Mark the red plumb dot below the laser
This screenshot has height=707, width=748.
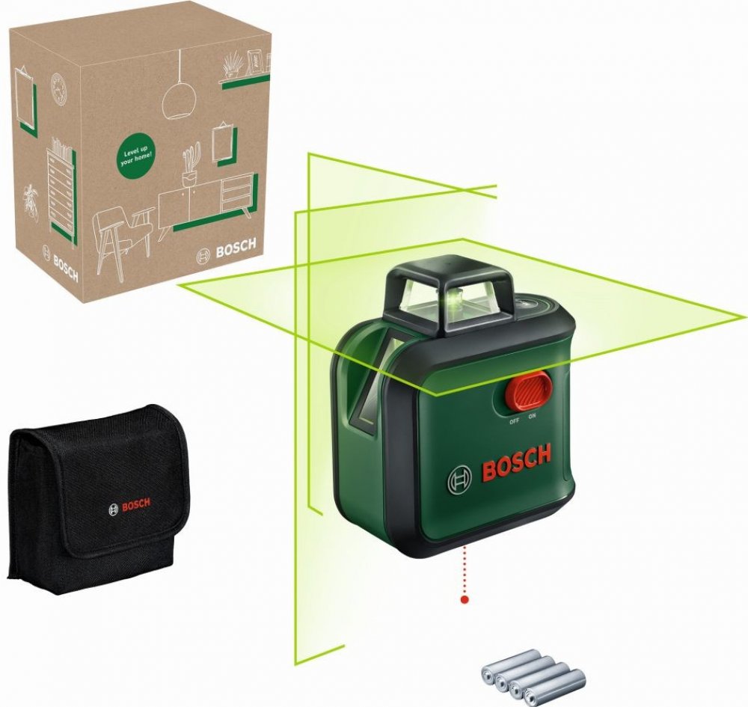(x=465, y=599)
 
